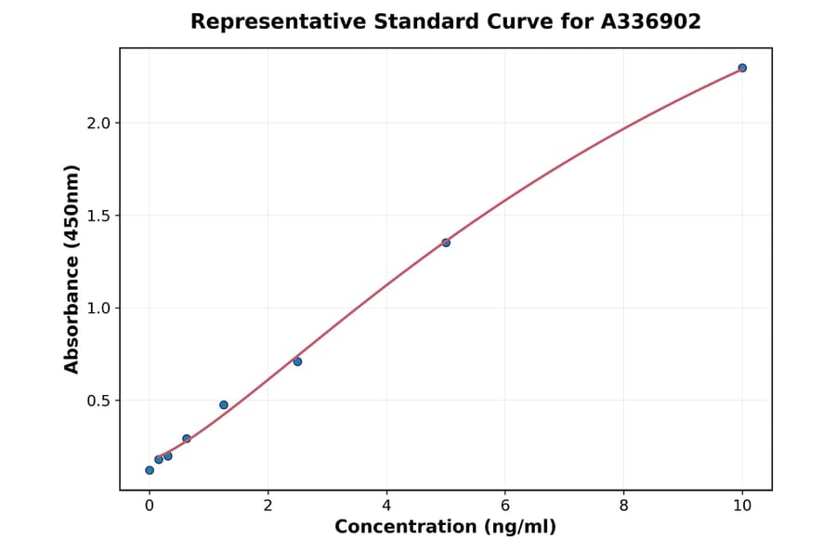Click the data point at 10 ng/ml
[x=742, y=68]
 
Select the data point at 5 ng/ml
[x=446, y=243]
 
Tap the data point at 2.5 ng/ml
[x=297, y=361]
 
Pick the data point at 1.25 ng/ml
[x=224, y=405]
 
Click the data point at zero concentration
[x=150, y=470]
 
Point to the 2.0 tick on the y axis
[x=98, y=124]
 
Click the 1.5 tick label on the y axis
[x=98, y=216]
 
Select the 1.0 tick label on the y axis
[x=98, y=309]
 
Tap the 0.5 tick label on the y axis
[x=98, y=401]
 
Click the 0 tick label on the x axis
[x=150, y=506]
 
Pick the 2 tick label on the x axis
[x=268, y=506]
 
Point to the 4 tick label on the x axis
[x=386, y=506]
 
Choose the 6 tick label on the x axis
[x=505, y=506]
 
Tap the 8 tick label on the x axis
[x=623, y=506]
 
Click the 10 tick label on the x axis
[x=742, y=506]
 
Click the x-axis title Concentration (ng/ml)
[x=446, y=528]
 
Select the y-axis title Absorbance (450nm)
[x=72, y=269]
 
